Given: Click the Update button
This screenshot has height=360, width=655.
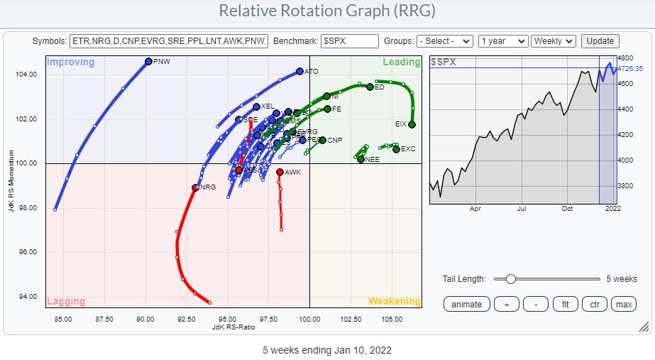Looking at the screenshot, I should [x=600, y=41].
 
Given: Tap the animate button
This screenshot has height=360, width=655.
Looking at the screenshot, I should [x=466, y=304].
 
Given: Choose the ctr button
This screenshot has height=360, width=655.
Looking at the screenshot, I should [x=594, y=304].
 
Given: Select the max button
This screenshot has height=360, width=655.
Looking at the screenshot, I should [x=624, y=304].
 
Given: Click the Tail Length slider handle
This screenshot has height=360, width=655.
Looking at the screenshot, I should [x=510, y=279].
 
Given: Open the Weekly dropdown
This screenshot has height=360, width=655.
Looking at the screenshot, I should [x=553, y=41].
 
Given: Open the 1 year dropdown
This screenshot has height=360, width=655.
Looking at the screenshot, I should [x=502, y=41].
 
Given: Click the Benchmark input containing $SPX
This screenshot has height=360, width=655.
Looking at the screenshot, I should [x=349, y=41].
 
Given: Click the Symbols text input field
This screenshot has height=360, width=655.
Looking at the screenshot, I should [x=170, y=41].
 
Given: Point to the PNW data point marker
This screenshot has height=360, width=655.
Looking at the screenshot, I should [x=148, y=62].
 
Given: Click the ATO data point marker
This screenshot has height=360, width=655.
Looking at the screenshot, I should [x=299, y=71].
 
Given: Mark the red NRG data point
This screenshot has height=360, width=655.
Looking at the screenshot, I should [x=195, y=187].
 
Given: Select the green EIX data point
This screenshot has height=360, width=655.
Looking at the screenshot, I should [x=412, y=124].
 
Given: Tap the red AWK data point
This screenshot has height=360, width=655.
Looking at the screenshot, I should [x=280, y=172].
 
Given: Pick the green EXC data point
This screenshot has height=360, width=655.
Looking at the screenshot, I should [x=397, y=149].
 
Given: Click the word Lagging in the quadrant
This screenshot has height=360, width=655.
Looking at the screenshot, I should [x=65, y=301].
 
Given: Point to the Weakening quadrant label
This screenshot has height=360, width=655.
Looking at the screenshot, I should [x=393, y=301].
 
